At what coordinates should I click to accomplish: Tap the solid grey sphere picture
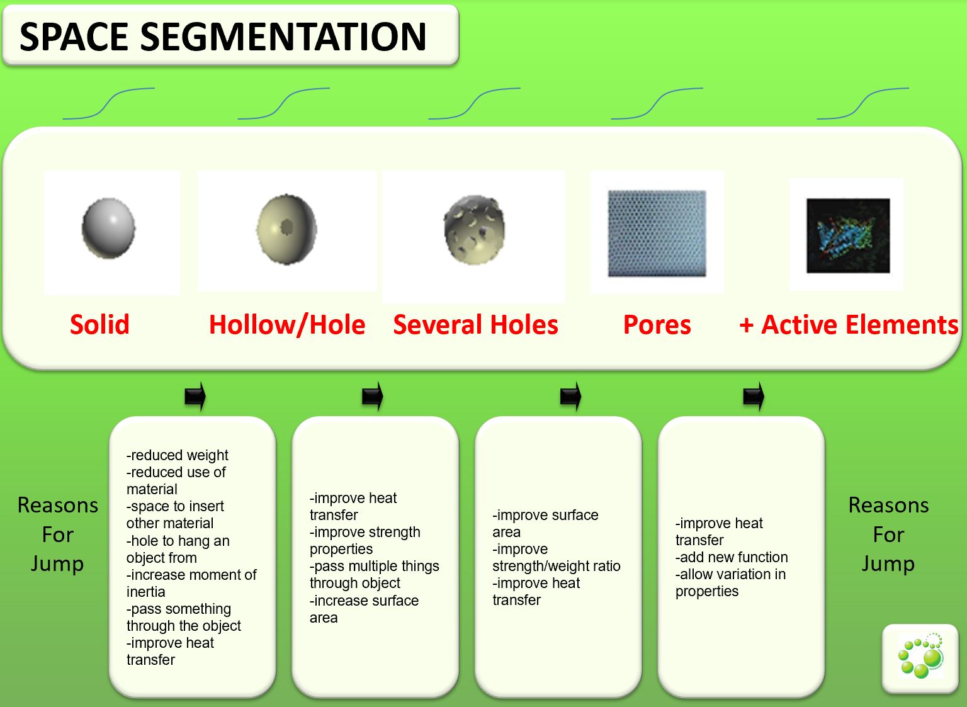coord(108,228)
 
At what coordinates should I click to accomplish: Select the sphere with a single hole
coord(286,229)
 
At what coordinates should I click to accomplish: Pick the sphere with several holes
coord(475,229)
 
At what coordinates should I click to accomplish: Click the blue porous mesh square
coord(657,233)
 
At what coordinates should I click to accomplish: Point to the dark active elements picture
coord(848,235)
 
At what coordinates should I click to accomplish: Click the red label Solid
coord(99,325)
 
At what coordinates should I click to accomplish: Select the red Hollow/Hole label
coord(287,325)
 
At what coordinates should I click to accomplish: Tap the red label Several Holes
coord(476,325)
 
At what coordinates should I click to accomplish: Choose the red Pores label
coord(657,325)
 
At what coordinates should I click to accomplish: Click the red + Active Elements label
coord(849,325)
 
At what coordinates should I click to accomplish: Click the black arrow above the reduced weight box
coord(195,396)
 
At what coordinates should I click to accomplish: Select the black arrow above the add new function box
coord(754,396)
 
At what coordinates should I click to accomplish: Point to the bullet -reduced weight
coord(177,455)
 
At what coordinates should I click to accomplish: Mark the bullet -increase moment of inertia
coord(191,583)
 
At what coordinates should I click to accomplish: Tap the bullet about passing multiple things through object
coord(375,575)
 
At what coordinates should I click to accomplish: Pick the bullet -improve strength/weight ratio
coord(557,557)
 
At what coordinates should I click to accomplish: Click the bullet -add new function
coord(732,557)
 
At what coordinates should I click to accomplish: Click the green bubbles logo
coord(921,655)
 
